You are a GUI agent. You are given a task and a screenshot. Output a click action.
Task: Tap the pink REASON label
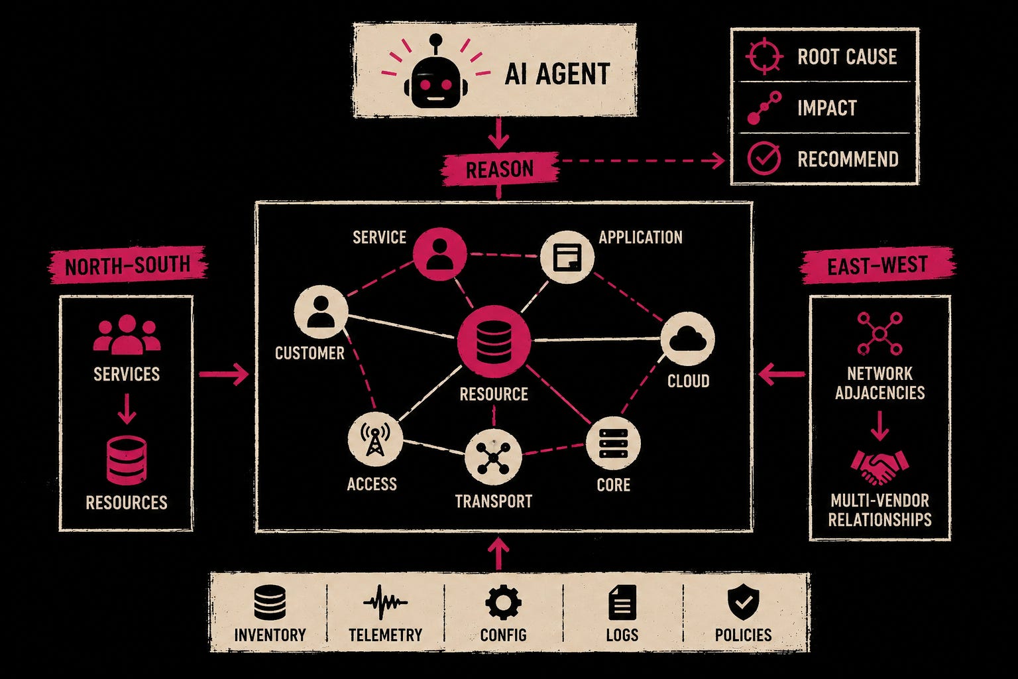[500, 169]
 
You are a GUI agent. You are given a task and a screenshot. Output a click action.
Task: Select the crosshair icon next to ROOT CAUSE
[764, 56]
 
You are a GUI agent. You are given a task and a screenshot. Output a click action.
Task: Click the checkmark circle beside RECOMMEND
[764, 158]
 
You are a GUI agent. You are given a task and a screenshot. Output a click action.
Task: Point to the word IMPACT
[827, 108]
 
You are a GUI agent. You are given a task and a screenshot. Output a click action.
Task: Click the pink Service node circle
[439, 254]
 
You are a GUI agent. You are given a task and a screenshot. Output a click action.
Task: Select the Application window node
[567, 257]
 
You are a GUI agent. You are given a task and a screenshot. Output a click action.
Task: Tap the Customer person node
[321, 312]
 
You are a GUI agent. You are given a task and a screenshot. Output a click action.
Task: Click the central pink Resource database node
[494, 341]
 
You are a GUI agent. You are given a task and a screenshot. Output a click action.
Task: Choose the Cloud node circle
[687, 339]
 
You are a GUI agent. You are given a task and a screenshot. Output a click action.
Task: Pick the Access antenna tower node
[375, 440]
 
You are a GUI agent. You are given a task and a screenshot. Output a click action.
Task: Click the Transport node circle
[493, 457]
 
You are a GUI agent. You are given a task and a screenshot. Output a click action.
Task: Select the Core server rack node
[613, 444]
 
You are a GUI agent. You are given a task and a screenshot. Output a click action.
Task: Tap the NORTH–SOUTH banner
[127, 265]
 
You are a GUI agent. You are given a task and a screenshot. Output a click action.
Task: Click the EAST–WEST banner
[877, 266]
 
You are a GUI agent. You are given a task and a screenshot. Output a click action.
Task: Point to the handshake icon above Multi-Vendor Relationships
[879, 467]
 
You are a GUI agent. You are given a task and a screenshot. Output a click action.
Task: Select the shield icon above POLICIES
[743, 602]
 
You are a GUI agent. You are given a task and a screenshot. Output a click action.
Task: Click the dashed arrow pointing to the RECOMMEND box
[643, 161]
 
